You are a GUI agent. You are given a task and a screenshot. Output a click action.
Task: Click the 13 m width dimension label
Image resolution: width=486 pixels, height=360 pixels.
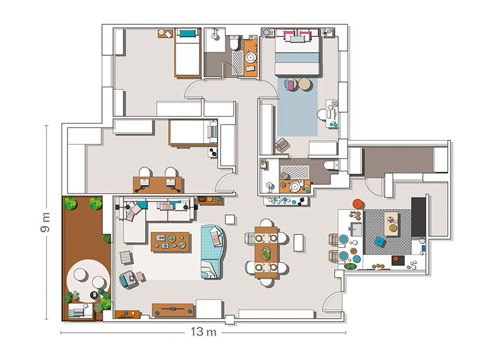point(204,332)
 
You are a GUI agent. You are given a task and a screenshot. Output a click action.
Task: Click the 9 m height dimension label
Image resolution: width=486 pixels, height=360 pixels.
point(45,222)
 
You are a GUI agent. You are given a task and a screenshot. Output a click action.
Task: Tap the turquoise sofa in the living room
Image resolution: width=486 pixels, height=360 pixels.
point(212,251)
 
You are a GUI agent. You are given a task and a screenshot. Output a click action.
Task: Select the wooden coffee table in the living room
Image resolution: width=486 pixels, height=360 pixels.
point(171,242)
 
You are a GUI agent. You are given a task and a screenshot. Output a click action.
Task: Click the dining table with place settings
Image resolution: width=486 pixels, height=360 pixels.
point(266,252)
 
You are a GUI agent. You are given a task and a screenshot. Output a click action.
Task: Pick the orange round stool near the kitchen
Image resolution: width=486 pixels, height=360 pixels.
point(358,204)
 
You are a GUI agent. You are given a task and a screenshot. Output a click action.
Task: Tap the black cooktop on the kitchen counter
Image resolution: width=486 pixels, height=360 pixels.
point(399,260)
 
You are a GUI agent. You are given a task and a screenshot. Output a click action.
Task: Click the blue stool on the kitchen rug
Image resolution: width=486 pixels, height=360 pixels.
point(379,241)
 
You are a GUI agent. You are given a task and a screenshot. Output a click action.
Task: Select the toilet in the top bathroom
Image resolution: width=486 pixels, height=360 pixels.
point(234,42)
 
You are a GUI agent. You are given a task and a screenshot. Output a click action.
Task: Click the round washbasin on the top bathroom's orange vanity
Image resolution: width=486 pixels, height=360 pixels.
point(251,57)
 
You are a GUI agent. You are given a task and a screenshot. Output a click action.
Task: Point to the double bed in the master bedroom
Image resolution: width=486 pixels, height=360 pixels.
point(297,52)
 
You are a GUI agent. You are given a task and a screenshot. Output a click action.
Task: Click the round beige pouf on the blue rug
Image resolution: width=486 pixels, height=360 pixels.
point(305,84)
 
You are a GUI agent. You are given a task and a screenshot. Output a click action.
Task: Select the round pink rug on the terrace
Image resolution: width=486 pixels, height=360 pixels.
point(88,280)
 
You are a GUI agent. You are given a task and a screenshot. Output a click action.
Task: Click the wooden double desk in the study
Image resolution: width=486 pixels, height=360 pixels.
point(157,185)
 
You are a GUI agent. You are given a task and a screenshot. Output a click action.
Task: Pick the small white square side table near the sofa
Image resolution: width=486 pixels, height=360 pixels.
point(230,219)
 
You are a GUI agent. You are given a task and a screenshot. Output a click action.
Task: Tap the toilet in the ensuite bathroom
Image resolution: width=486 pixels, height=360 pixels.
point(331,165)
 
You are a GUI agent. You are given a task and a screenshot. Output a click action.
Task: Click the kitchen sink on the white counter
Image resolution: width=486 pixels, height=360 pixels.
point(355,229)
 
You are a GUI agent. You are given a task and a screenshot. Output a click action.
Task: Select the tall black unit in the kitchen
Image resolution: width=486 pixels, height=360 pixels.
point(419,217)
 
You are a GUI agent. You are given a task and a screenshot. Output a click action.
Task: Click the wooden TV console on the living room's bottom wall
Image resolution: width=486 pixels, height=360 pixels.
point(173,310)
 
